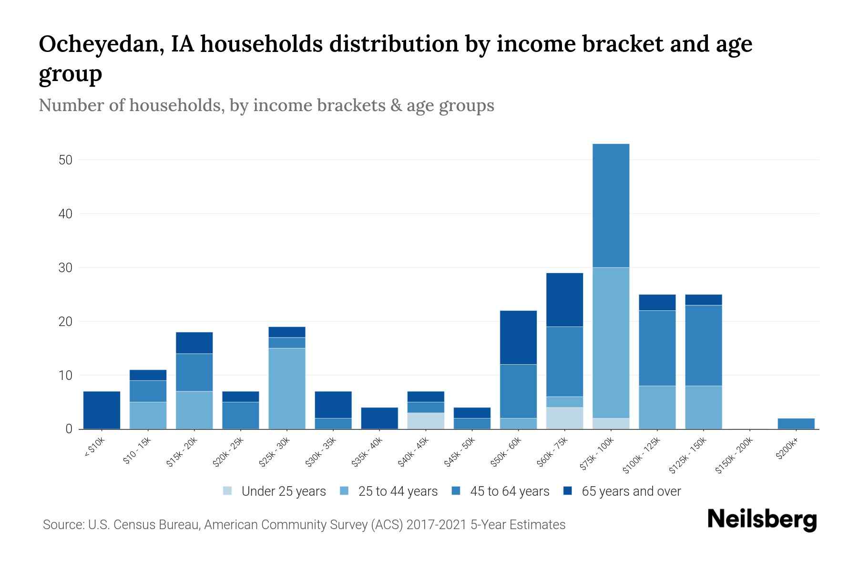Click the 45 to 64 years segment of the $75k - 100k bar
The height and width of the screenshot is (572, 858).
pyautogui.click(x=611, y=205)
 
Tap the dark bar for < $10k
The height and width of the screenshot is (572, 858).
pyautogui.click(x=102, y=410)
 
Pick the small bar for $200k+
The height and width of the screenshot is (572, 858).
pyautogui.click(x=796, y=424)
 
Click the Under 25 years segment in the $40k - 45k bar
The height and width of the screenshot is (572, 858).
pyautogui.click(x=426, y=421)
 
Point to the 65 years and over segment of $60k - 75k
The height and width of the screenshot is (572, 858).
pyautogui.click(x=564, y=299)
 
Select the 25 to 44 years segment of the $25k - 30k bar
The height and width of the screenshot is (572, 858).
pyautogui.click(x=287, y=388)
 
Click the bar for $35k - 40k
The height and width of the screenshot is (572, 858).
pyautogui.click(x=379, y=418)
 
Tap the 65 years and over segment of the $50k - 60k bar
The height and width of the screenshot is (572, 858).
pyautogui.click(x=518, y=337)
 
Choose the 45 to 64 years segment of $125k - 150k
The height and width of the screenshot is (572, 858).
pyautogui.click(x=704, y=345)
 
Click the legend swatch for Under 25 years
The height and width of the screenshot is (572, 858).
pyautogui.click(x=228, y=491)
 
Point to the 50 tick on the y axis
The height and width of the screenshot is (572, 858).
pyautogui.click(x=65, y=160)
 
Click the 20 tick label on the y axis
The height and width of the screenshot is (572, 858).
pyautogui.click(x=65, y=322)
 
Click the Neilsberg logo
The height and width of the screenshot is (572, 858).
pyautogui.click(x=762, y=520)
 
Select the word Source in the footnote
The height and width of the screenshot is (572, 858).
pyautogui.click(x=61, y=525)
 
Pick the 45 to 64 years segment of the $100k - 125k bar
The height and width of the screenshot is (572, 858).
pyautogui.click(x=657, y=348)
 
